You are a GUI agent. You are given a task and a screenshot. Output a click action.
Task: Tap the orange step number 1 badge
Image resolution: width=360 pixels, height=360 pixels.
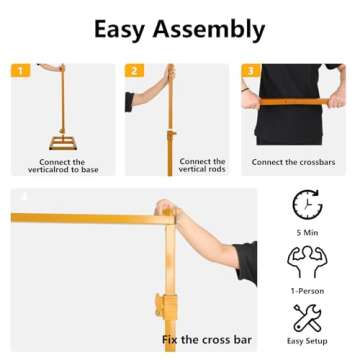click(x=20, y=70)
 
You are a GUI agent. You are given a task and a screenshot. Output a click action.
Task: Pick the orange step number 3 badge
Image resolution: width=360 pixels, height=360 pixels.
click(x=251, y=70)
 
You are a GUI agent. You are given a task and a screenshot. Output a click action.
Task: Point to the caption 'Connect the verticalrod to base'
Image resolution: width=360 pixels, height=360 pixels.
click(x=56, y=166)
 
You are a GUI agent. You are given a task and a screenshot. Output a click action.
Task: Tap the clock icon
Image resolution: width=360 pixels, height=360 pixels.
click(x=307, y=204)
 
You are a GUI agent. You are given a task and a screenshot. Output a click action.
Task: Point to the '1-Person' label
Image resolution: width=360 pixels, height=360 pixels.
click(x=307, y=292)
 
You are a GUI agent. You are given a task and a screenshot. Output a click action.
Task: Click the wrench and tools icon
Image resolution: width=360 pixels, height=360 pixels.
click(x=307, y=320)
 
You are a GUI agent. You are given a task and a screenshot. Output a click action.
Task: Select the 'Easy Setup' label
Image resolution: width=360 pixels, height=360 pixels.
click(x=307, y=342)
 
